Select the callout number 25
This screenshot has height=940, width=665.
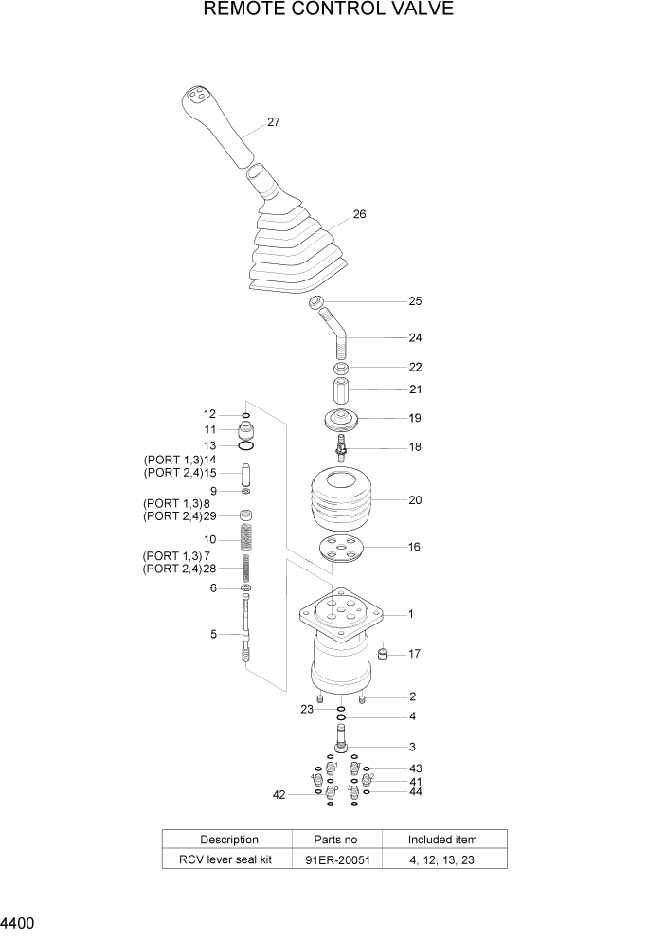[414, 302]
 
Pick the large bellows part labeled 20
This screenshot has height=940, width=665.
[340, 499]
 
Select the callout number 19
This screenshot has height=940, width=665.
[414, 418]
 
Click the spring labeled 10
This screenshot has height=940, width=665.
[245, 539]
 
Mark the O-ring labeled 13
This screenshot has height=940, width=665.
[245, 445]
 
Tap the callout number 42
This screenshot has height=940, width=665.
[279, 795]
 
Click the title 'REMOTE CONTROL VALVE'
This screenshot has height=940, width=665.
[329, 9]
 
